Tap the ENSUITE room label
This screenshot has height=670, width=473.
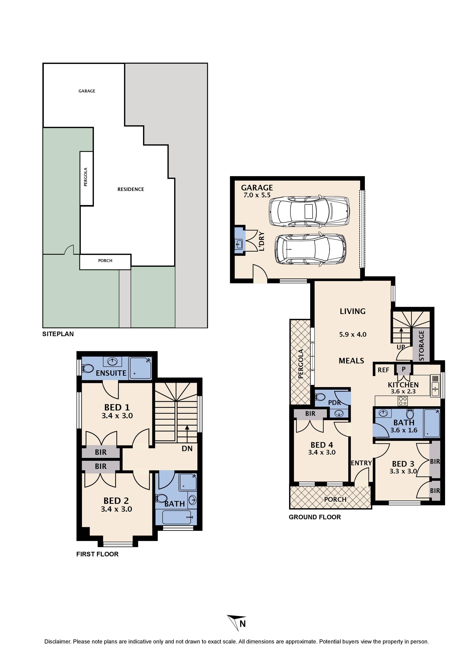(x=111, y=373)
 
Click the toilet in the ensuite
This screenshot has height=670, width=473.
(x=87, y=368)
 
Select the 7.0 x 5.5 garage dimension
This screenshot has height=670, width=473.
(x=257, y=195)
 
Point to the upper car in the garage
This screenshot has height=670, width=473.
(x=309, y=211)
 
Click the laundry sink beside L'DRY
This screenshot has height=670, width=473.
(x=239, y=243)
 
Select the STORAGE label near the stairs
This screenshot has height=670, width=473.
(x=422, y=346)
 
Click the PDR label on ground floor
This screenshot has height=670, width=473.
(x=334, y=403)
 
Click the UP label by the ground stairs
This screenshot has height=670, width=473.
(x=401, y=347)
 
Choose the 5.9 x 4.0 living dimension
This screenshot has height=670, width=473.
(x=353, y=334)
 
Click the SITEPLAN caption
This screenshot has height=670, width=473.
(x=58, y=334)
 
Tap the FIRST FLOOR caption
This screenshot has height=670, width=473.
(x=97, y=554)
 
